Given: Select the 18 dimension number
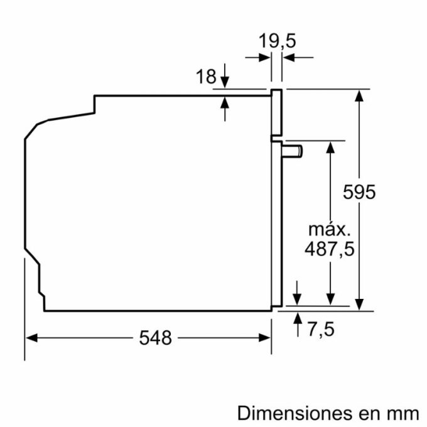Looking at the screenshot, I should click(x=206, y=77).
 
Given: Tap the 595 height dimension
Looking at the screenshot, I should click(x=360, y=192).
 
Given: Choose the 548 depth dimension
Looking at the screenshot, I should click(x=155, y=338).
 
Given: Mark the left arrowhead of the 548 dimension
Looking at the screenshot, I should click(x=30, y=338).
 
